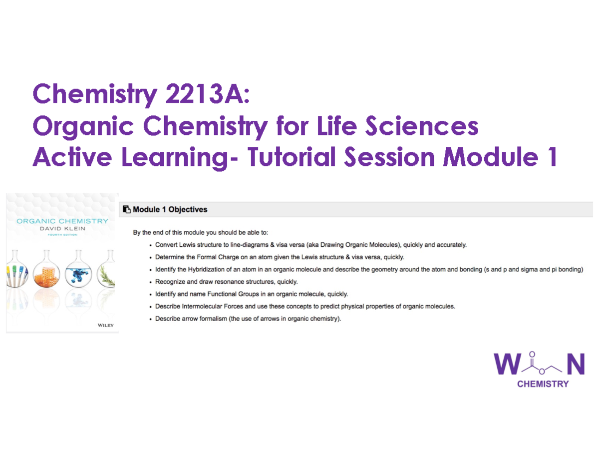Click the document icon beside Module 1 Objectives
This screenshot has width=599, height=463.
pos(127,210)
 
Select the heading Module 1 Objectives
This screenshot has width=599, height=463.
pos(170,210)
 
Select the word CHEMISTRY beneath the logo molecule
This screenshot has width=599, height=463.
pos(543,384)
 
